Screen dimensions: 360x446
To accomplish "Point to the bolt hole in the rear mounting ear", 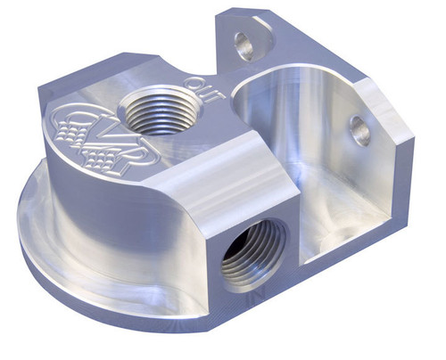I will click(243, 43).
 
